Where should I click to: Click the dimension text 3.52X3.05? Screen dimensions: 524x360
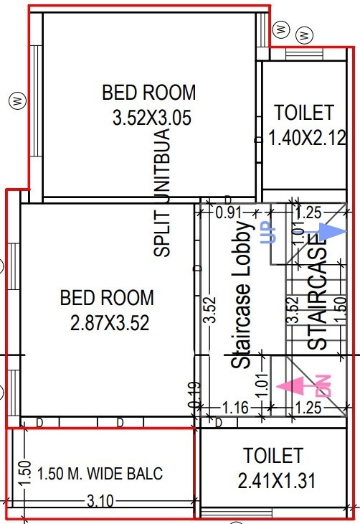[x=152, y=118]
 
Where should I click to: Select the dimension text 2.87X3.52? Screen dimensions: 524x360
[x=110, y=323]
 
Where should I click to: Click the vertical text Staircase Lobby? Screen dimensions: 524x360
[x=243, y=295]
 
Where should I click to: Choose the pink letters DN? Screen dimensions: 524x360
[x=323, y=385]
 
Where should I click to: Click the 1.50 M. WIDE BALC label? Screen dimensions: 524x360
[x=100, y=474]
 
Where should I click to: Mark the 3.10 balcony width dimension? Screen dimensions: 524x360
[x=100, y=502]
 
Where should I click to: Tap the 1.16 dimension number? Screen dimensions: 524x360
[x=235, y=408]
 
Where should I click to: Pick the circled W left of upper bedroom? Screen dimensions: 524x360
[x=14, y=100]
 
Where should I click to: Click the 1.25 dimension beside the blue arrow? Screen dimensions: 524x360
[x=308, y=212]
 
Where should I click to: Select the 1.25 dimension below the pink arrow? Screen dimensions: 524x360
[x=308, y=408]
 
